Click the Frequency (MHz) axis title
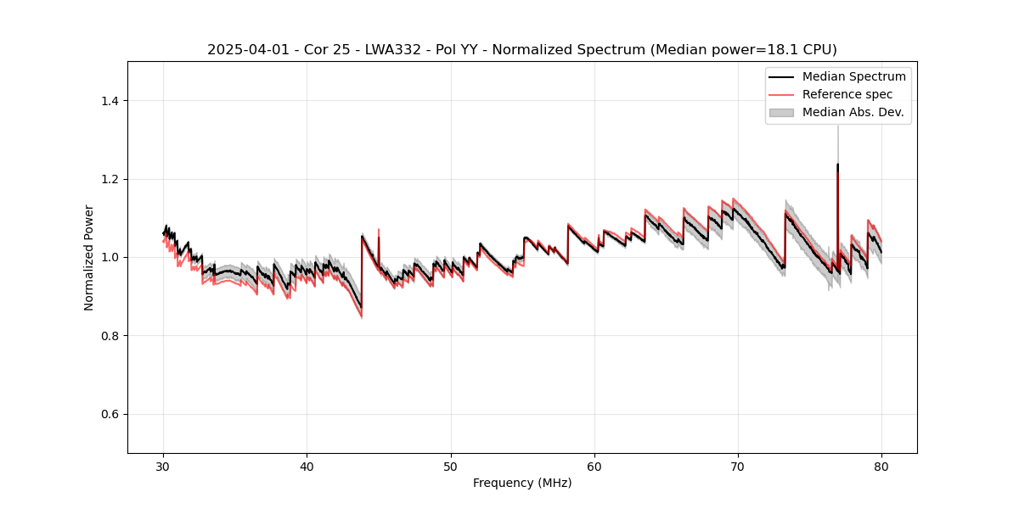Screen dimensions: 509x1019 pyautogui.click(x=522, y=483)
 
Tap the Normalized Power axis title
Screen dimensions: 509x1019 pyautogui.click(x=89, y=257)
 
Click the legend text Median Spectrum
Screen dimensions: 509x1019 pyautogui.click(x=853, y=76)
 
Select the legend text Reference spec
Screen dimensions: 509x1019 pyautogui.click(x=847, y=94)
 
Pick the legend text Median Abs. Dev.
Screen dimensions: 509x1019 pyautogui.click(x=853, y=112)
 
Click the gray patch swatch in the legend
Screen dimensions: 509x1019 pyautogui.click(x=781, y=112)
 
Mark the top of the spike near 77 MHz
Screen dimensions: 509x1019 pyautogui.click(x=837, y=165)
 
